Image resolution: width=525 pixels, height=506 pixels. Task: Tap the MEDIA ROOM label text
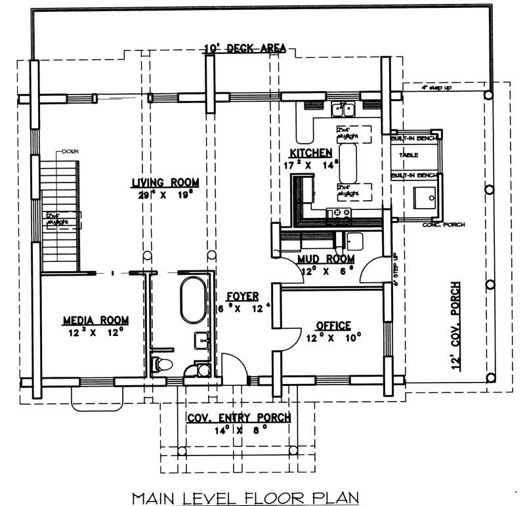[95, 320]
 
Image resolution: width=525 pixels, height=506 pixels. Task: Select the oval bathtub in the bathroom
[193, 300]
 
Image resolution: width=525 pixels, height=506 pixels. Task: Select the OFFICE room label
[333, 326]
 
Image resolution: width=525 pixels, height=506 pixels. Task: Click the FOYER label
[242, 296]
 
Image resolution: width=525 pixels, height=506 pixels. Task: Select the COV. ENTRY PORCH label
[239, 418]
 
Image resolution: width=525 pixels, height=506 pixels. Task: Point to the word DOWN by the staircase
[70, 152]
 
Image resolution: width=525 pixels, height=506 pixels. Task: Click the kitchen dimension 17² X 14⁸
[312, 165]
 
